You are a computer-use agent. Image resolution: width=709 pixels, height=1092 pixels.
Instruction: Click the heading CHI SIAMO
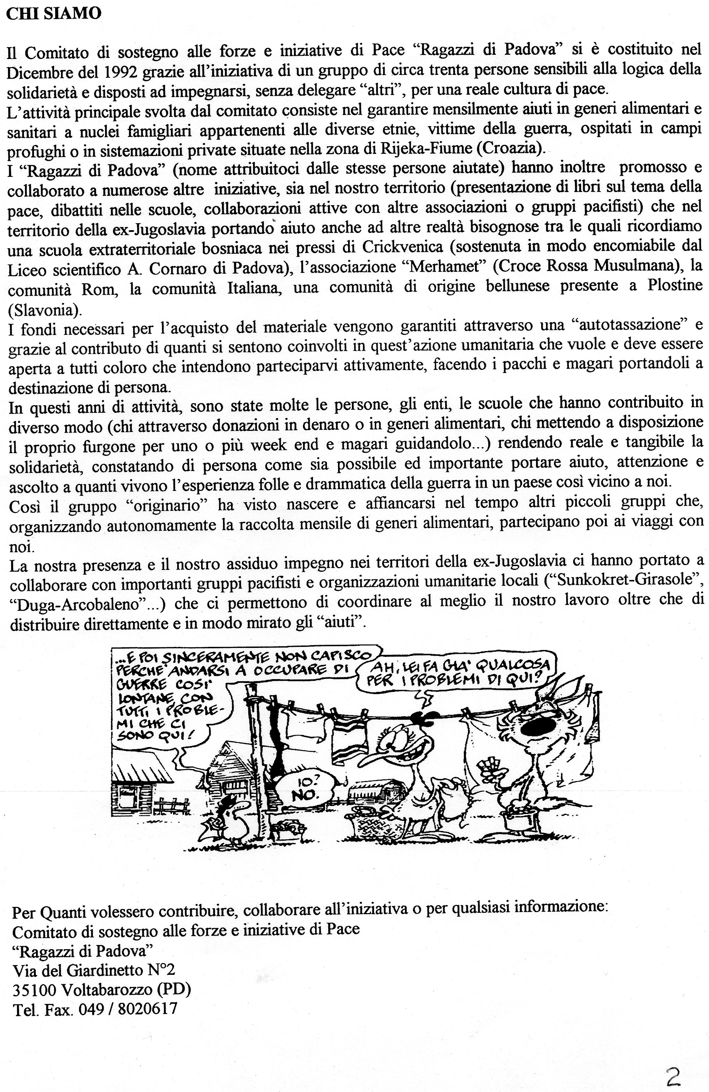[54, 14]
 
